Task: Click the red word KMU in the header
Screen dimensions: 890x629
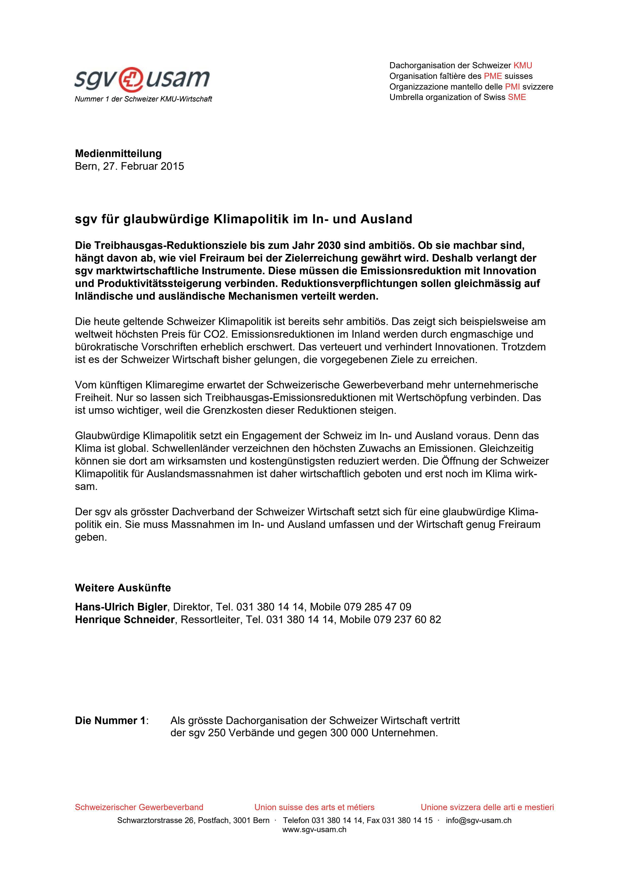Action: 522,65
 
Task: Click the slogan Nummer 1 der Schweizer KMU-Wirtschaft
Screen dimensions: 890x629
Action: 143,99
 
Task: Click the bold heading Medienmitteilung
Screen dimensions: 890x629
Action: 118,153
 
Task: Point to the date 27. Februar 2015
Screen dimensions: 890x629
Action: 143,166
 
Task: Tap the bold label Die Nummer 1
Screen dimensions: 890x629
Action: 110,721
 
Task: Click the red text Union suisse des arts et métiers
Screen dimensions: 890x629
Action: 314,808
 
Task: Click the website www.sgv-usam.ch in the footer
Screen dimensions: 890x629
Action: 314,830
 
